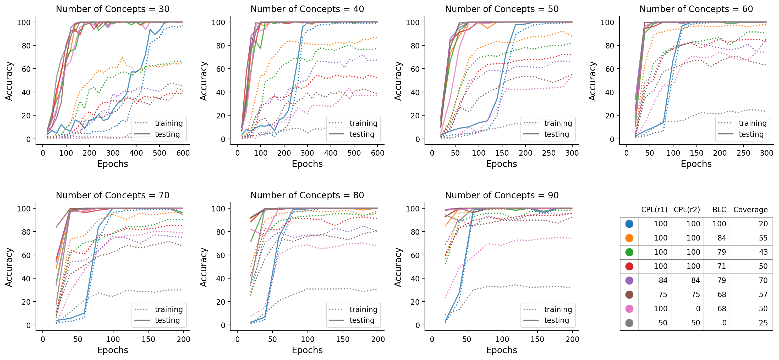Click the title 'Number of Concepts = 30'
pyautogui.click(x=112, y=9)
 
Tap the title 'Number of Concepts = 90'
pyautogui.click(x=501, y=195)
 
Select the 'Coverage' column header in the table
pyautogui.click(x=750, y=210)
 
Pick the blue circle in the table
pyautogui.click(x=629, y=224)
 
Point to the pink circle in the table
pyautogui.click(x=629, y=309)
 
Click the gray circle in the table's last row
pyautogui.click(x=629, y=323)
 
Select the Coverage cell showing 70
pyautogui.click(x=763, y=280)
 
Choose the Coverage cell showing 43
pyautogui.click(x=763, y=252)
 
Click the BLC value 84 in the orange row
pyautogui.click(x=722, y=238)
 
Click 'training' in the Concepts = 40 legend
pyautogui.click(x=363, y=123)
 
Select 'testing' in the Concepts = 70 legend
pyautogui.click(x=167, y=320)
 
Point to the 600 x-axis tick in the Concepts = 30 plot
pyautogui.click(x=183, y=153)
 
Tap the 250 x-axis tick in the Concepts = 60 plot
pyautogui.click(x=743, y=153)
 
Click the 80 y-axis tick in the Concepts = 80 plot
pyautogui.click(x=221, y=232)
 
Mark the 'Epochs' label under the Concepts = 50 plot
pyautogui.click(x=501, y=164)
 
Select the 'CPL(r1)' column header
pyautogui.click(x=654, y=210)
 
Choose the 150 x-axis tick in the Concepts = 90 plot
pyautogui.click(x=537, y=339)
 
